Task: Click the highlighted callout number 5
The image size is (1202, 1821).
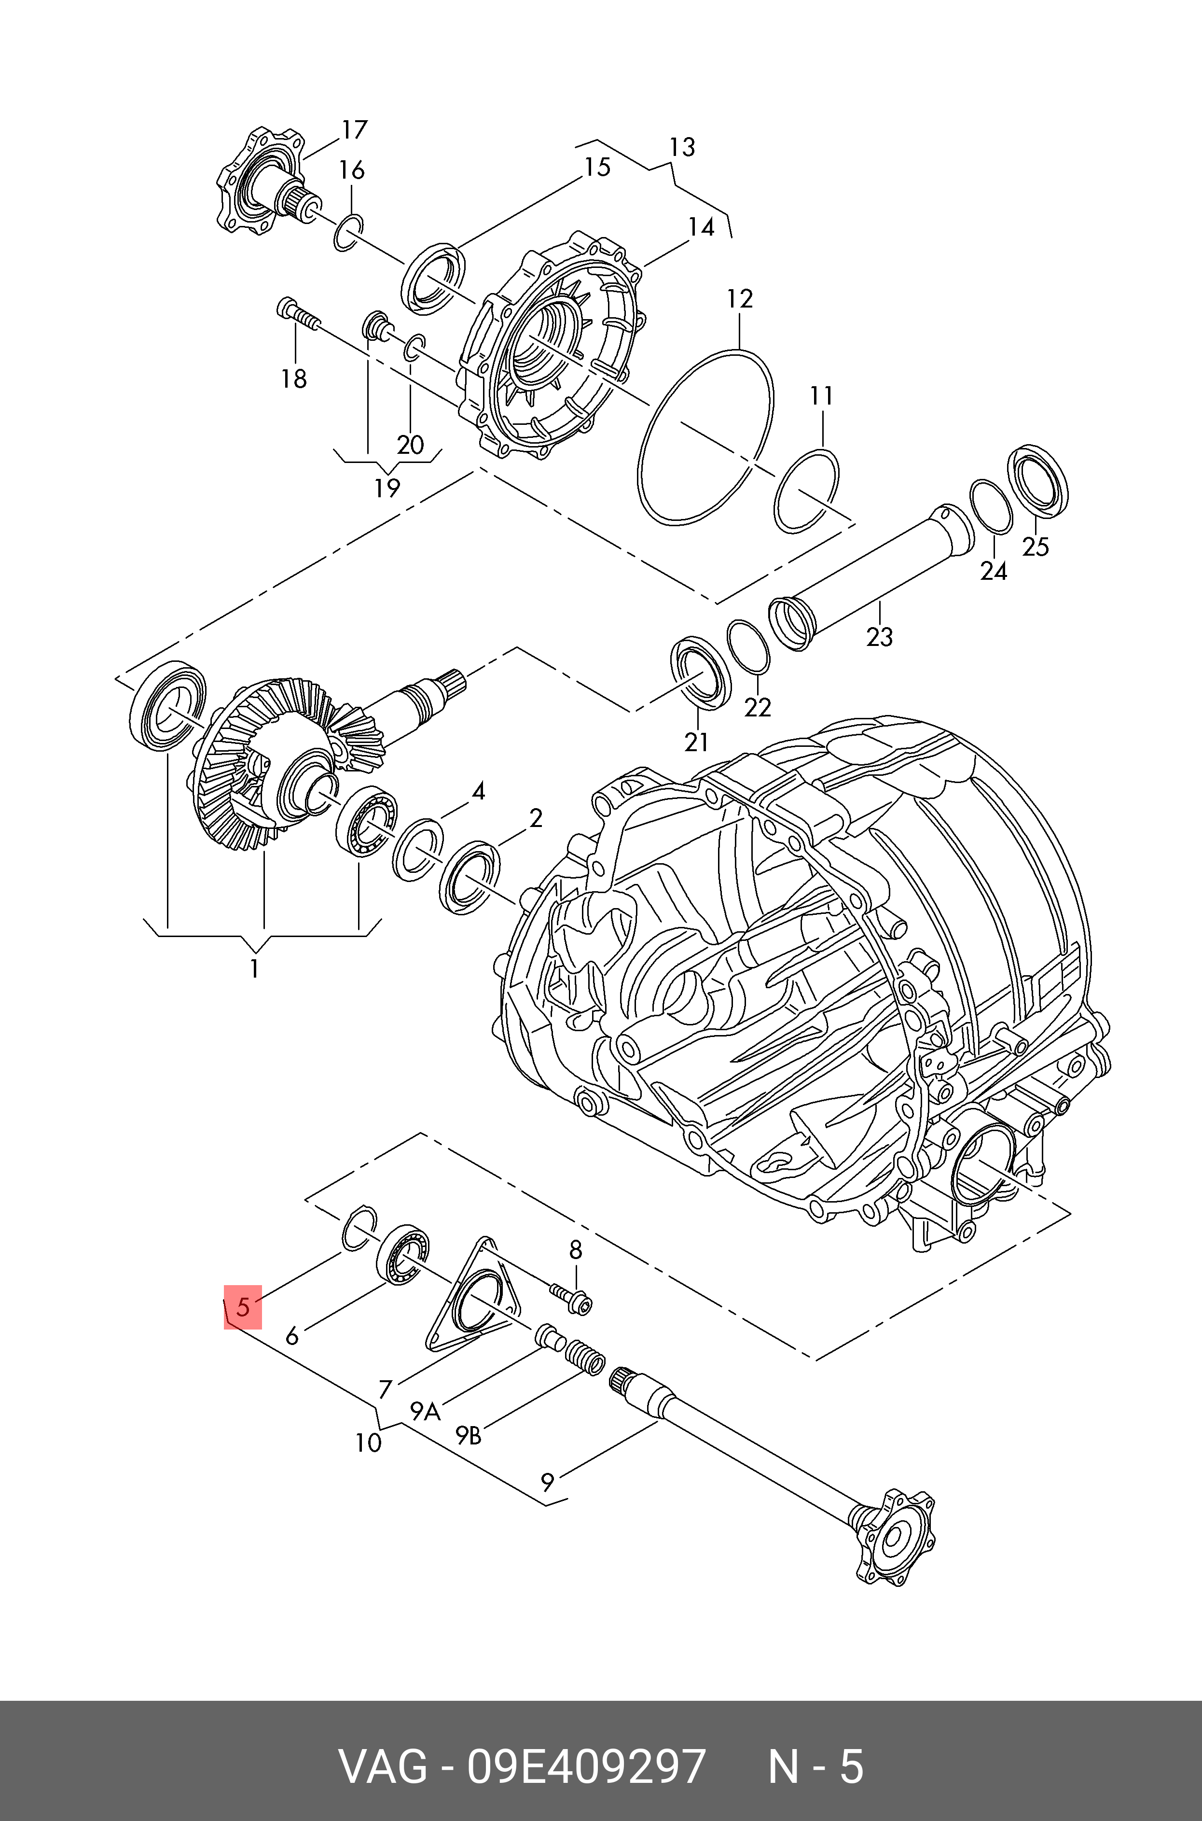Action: pos(243,1306)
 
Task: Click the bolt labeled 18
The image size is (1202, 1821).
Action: pos(299,314)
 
